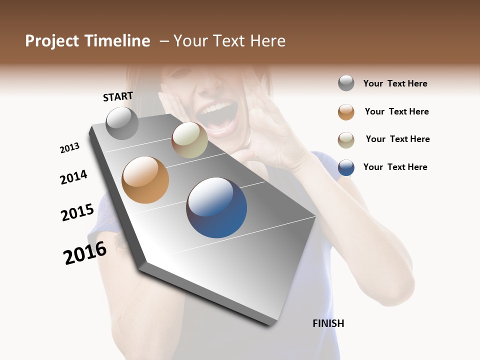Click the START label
pos(118,96)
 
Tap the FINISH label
pos(328,323)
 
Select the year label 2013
pos(69,148)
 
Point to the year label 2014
pos(73,177)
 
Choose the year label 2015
pos(77,212)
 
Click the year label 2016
pos(85,252)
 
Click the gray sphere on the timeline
pos(122,123)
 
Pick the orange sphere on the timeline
pos(145,180)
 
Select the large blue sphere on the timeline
pos(216,207)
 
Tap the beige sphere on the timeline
pos(189,140)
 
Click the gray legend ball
pos(346,83)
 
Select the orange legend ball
pos(346,112)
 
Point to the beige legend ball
pos(346,140)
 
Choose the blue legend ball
pos(346,167)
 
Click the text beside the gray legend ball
pos(395,83)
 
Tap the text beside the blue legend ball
pos(395,167)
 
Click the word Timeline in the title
pos(117,41)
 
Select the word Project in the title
pos(52,41)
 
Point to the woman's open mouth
pos(216,116)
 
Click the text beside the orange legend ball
pos(396,111)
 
